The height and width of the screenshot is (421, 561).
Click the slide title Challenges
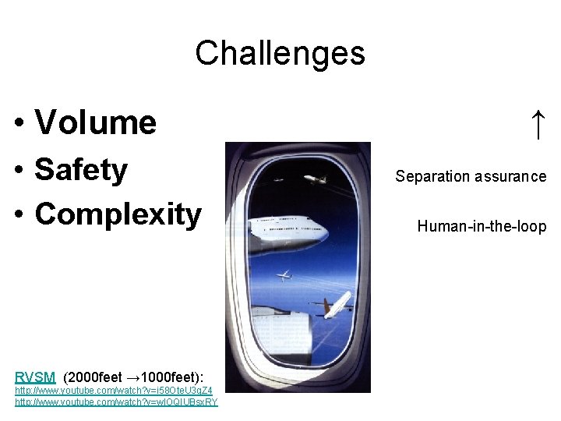point(280,53)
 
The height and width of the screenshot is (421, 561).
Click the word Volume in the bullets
point(95,122)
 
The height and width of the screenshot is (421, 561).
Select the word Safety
point(81,169)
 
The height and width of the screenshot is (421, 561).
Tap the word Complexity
point(118,214)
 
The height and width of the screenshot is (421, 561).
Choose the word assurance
point(510,176)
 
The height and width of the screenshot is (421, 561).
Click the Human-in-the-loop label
point(482,227)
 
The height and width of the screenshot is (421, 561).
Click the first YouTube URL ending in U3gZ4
point(114,389)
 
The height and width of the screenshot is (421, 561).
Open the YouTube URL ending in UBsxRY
point(116,402)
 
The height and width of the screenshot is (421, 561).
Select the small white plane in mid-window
point(284,274)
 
